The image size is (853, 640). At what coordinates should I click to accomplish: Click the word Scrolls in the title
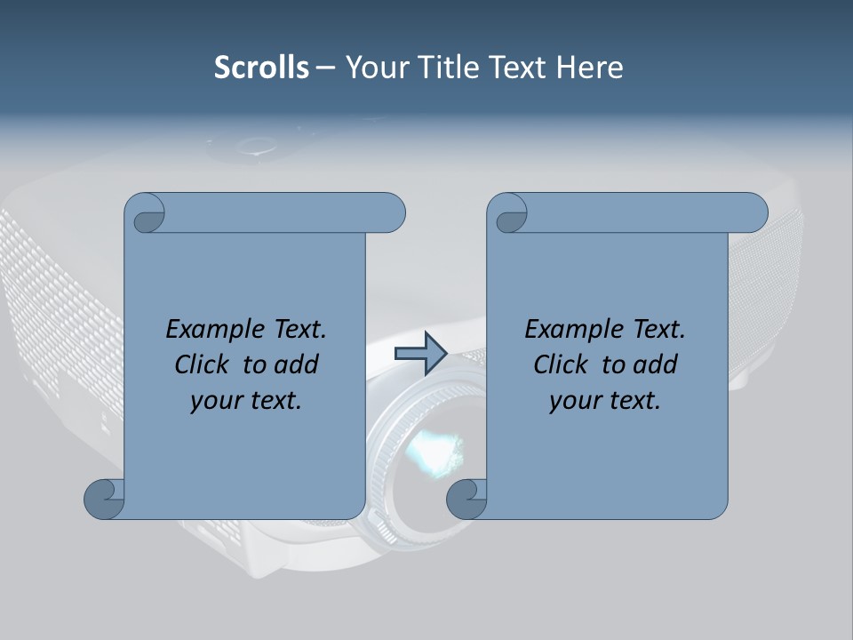[x=261, y=68]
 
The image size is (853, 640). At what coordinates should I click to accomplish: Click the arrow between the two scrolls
[x=420, y=354]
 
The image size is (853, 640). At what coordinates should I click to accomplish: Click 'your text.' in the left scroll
[x=246, y=401]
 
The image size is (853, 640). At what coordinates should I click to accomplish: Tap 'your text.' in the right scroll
[x=605, y=401]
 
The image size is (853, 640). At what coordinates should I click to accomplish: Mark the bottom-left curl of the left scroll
[x=103, y=498]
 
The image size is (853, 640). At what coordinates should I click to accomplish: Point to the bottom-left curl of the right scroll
[x=466, y=498]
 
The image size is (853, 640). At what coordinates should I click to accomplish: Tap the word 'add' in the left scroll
[x=297, y=364]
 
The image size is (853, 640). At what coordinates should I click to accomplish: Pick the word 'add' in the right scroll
[x=656, y=364]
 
